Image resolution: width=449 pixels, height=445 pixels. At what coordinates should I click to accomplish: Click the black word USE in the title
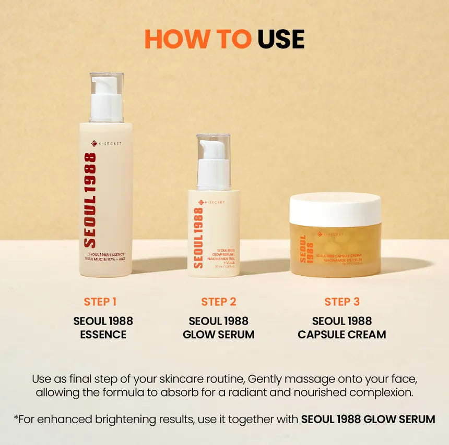pyautogui.click(x=281, y=39)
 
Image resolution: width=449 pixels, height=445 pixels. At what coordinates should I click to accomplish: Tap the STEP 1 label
pyautogui.click(x=100, y=302)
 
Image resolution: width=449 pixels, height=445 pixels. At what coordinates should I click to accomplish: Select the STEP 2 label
pyautogui.click(x=219, y=302)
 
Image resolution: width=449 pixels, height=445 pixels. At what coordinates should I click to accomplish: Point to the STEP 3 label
pyautogui.click(x=342, y=302)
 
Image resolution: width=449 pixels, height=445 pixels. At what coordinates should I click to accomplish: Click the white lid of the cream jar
pyautogui.click(x=335, y=209)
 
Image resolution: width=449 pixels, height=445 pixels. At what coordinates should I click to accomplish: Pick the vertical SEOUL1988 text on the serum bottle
pyautogui.click(x=198, y=238)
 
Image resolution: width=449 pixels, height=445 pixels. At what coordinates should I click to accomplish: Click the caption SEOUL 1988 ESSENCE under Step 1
pyautogui.click(x=103, y=328)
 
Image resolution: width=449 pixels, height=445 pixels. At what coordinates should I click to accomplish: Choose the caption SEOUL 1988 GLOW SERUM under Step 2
pyautogui.click(x=219, y=328)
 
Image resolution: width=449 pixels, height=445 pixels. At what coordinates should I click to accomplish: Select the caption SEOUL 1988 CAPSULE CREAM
pyautogui.click(x=342, y=328)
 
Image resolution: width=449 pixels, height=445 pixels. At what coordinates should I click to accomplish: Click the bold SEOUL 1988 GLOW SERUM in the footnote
pyautogui.click(x=368, y=419)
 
